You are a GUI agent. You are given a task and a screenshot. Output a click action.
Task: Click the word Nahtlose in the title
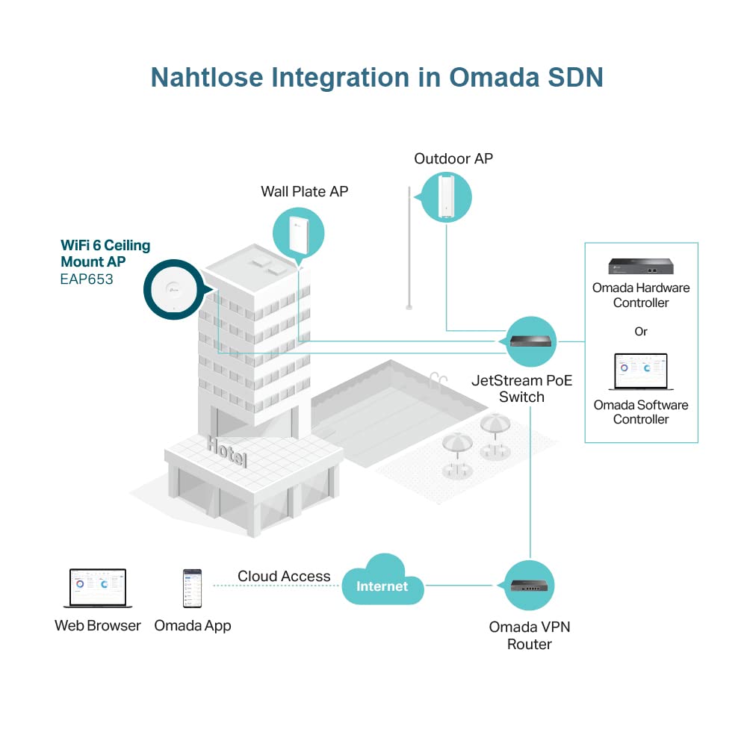coord(207,77)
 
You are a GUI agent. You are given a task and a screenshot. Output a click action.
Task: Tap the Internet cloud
coord(382,580)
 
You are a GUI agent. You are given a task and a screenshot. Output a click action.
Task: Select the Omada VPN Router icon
coord(529,586)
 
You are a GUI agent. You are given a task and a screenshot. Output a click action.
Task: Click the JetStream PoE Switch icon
coord(530,341)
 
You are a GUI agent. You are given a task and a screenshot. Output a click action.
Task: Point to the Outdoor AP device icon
coord(446,196)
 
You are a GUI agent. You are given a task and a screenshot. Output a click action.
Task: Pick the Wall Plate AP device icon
coord(299,235)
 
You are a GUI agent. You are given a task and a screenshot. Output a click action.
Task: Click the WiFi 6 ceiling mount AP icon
coord(174,289)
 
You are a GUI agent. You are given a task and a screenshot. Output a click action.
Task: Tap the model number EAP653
coord(87,279)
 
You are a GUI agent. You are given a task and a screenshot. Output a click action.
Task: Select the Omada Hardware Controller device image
coord(641,266)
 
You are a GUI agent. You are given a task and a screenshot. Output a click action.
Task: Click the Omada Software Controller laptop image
coord(641,371)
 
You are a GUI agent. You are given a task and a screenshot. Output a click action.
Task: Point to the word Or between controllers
coord(641,331)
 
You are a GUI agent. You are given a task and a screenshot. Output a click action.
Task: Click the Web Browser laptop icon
coord(98,588)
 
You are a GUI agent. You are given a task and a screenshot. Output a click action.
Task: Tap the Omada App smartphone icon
coord(193,589)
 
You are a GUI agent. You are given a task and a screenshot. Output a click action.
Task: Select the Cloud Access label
coord(284,576)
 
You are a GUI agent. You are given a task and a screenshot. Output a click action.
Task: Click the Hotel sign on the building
coord(227,451)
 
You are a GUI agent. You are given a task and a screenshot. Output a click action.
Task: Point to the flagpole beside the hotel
coord(409,248)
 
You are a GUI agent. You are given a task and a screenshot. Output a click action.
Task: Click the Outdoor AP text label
coord(453,158)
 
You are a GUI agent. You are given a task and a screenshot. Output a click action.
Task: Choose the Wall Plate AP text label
coord(305,191)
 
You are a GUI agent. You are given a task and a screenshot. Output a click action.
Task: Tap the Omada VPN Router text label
coord(530,636)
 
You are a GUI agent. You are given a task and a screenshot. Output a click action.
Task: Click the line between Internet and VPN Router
coord(459,586)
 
